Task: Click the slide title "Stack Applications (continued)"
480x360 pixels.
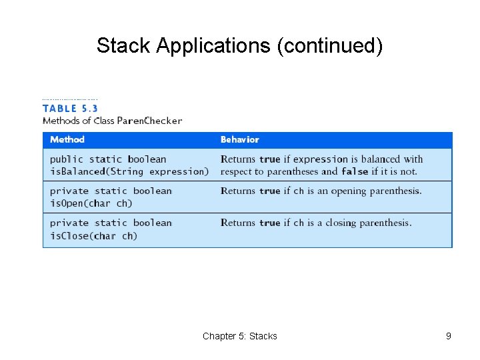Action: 239,45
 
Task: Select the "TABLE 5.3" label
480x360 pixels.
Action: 70,108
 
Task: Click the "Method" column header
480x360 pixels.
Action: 67,139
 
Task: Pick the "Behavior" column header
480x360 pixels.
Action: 239,139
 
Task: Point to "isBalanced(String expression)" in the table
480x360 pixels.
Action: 129,171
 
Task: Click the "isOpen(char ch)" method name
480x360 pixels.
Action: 91,203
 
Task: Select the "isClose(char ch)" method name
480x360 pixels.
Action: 93,235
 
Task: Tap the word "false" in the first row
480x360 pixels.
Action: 355,171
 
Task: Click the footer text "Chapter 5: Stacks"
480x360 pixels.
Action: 239,336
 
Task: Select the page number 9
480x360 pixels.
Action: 449,336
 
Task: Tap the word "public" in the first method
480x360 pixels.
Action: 67,159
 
